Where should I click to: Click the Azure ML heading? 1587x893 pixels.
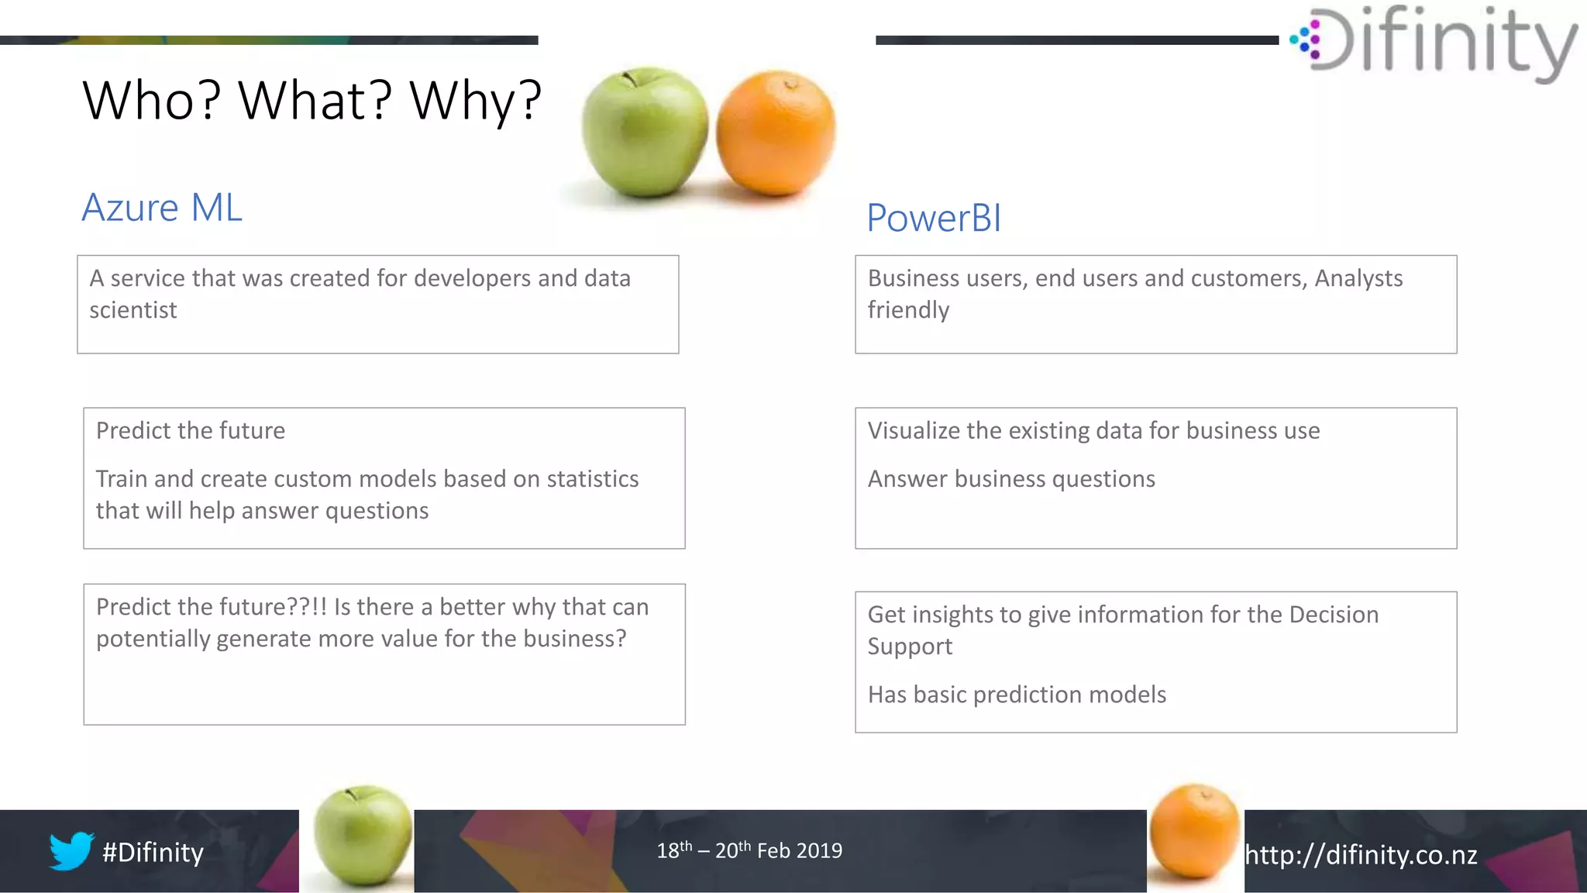coord(162,208)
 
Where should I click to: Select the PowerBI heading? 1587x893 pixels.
coord(934,218)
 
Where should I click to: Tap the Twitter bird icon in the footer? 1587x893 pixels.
coord(71,851)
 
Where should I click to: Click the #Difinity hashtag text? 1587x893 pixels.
coord(153,853)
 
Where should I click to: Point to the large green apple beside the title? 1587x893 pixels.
coord(645,132)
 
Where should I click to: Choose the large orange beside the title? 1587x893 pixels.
coord(776,133)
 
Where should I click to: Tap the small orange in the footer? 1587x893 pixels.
coord(1194,831)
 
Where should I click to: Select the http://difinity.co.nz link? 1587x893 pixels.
coord(1361,855)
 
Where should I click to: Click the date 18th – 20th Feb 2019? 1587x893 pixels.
coord(749,851)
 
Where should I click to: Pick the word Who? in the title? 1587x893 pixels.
coord(152,101)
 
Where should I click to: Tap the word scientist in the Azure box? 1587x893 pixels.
coord(133,310)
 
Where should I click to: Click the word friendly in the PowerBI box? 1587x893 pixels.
coord(908,310)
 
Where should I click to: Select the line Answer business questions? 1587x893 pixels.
coord(1011,479)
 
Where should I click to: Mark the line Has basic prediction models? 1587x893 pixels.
coord(1017,695)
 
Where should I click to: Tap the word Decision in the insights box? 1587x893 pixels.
coord(1334,615)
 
